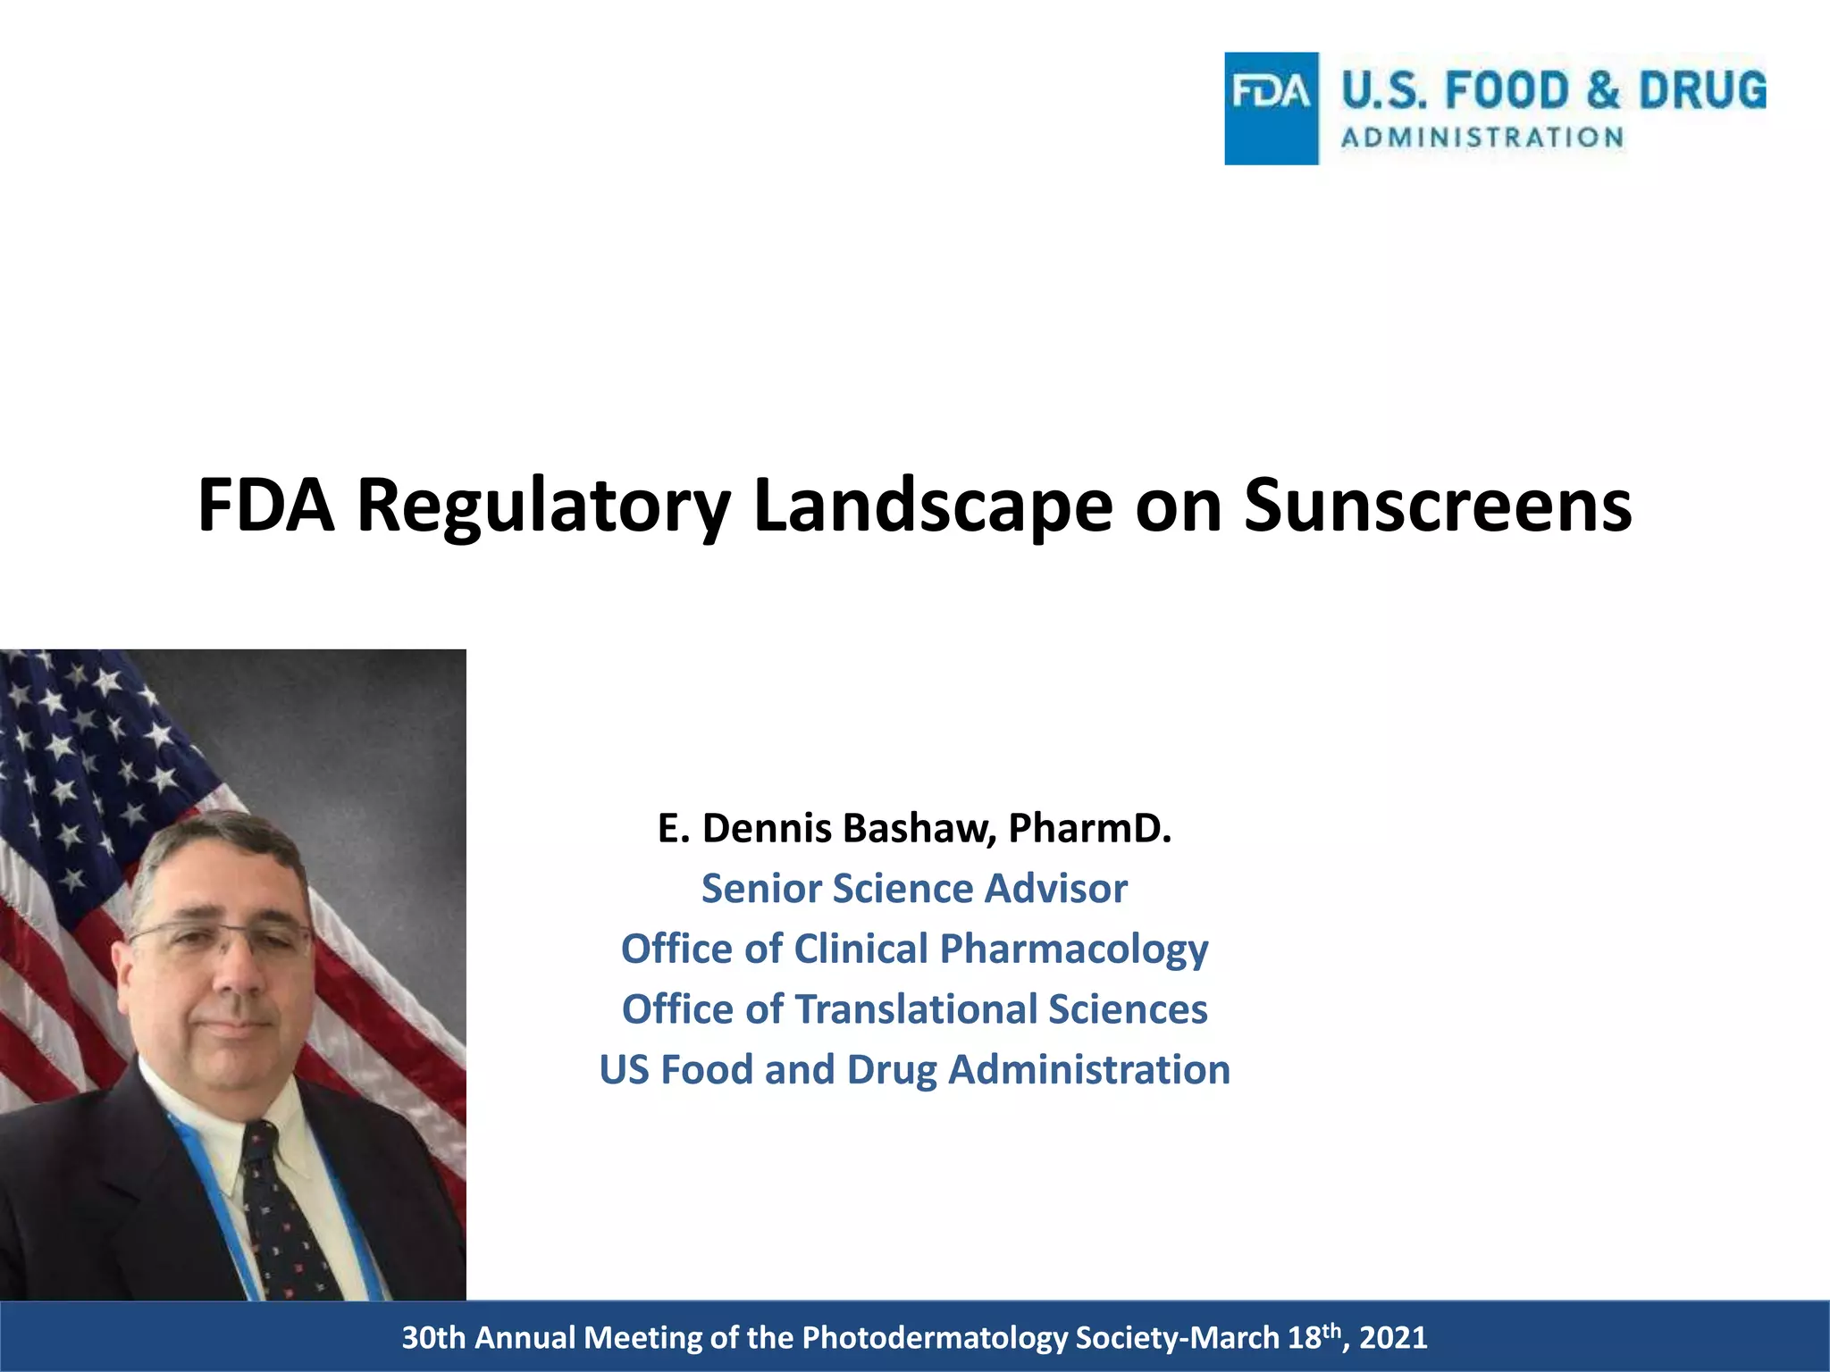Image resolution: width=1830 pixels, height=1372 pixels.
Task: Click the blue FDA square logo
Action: (1271, 108)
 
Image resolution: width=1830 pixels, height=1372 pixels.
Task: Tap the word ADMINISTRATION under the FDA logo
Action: (1482, 138)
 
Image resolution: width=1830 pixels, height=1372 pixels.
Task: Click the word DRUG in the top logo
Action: (1702, 91)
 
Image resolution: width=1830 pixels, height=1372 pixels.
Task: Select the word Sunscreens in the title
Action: (1438, 506)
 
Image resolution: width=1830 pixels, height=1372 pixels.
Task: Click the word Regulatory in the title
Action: (544, 507)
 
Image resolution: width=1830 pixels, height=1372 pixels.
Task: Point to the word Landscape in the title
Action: (933, 507)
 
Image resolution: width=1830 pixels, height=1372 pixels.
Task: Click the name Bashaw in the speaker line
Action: (919, 828)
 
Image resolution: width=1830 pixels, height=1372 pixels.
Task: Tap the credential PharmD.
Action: (1089, 828)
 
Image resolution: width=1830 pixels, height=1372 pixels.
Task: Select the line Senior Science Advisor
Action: (914, 889)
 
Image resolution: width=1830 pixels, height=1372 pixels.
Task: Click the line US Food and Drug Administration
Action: (914, 1069)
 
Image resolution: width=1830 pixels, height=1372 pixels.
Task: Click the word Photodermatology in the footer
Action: (935, 1337)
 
